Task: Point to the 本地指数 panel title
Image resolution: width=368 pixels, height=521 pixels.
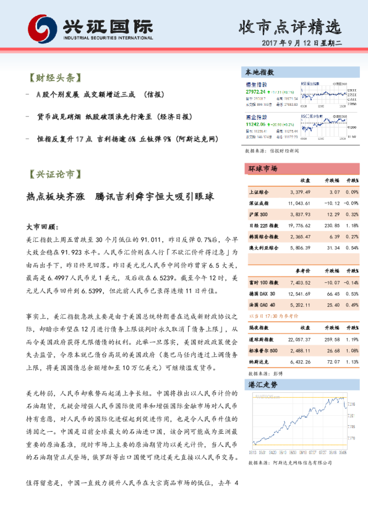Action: click(260, 72)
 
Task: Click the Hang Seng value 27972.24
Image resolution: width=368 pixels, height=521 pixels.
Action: click(255, 91)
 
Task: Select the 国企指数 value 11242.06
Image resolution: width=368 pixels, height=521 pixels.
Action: click(256, 123)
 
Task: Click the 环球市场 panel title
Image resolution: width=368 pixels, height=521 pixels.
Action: click(262, 168)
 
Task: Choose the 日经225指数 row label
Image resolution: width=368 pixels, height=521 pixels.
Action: click(262, 225)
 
